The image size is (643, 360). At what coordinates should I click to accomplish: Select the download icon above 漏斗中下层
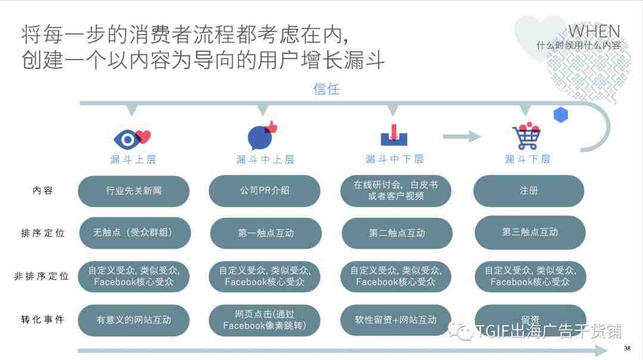click(394, 135)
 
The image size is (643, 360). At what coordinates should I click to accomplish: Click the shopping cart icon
click(526, 136)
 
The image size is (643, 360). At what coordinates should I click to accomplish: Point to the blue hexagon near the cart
click(561, 115)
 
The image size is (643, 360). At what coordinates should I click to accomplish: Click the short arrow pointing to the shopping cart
click(461, 136)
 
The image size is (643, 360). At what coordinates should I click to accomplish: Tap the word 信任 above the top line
click(326, 89)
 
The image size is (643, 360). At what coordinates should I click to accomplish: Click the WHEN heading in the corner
click(594, 32)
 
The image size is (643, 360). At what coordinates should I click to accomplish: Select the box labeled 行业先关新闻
click(134, 190)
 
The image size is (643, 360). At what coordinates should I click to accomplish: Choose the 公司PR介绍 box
click(264, 190)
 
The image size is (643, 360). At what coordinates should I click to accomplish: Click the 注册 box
click(529, 190)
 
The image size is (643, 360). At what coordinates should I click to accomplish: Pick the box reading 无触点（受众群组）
click(135, 233)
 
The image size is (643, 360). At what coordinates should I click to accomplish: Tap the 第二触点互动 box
click(397, 233)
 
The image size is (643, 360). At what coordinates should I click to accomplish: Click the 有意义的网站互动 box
click(134, 320)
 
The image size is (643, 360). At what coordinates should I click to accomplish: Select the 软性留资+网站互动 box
click(396, 320)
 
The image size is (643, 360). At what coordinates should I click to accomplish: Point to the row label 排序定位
click(43, 233)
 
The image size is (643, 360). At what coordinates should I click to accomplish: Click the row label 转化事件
click(43, 320)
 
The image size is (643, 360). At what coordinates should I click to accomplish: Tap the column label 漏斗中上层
click(266, 159)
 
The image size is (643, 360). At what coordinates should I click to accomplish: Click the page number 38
click(628, 349)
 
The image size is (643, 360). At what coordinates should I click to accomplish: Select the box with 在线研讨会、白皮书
click(396, 190)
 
